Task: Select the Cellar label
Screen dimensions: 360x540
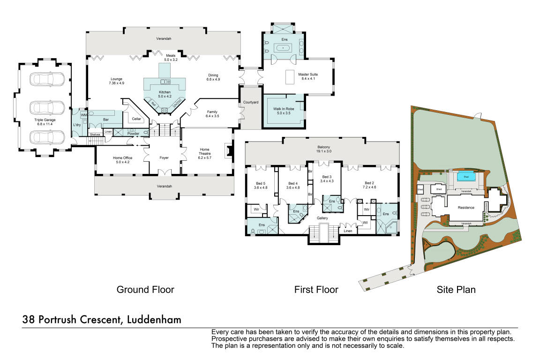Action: coord(136,119)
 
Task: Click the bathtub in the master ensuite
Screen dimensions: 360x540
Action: coord(284,48)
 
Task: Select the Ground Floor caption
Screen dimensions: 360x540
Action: coord(145,290)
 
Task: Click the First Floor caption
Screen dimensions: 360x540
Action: coord(316,290)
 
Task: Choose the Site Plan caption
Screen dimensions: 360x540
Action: coord(456,290)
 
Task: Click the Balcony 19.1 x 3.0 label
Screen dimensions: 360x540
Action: coord(323,149)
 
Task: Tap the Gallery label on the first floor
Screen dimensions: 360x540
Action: coord(322,218)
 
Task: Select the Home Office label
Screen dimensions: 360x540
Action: coord(120,160)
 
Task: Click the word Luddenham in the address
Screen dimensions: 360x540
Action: coord(154,320)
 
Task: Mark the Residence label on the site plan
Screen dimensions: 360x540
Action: coord(466,208)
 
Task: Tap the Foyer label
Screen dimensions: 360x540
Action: coord(164,158)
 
